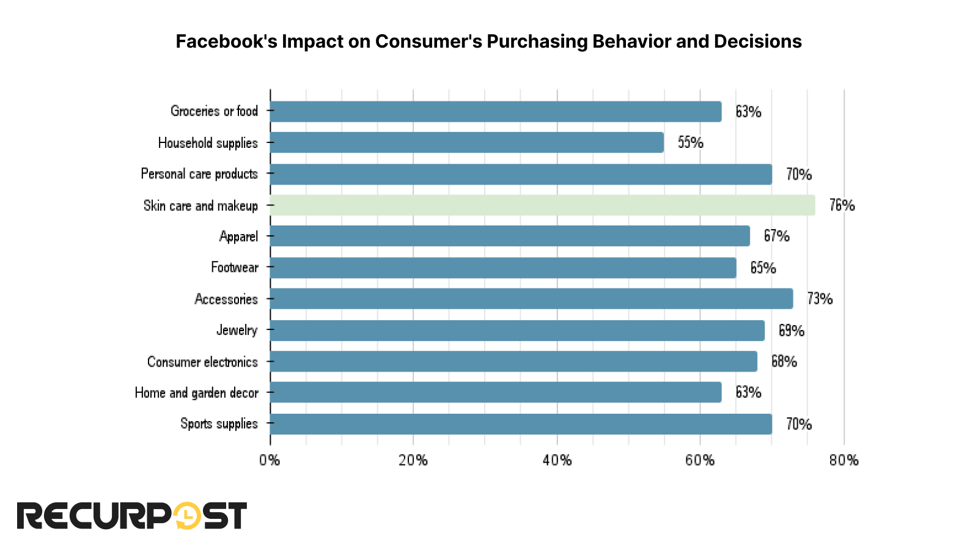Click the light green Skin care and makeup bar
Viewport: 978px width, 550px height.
[x=542, y=205]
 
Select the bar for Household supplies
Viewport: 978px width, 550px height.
[x=466, y=142]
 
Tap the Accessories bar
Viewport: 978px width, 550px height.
[x=531, y=299]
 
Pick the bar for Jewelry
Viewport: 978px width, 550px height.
[x=517, y=330]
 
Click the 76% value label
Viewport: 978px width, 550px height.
[x=842, y=205]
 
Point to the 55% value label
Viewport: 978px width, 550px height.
[x=690, y=142]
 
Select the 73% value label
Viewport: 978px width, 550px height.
[x=820, y=299]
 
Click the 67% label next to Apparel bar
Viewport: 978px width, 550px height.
[x=776, y=236]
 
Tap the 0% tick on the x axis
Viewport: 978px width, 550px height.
[x=270, y=460]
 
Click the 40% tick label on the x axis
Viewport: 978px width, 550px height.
[x=557, y=460]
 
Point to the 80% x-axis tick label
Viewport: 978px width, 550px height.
[x=844, y=460]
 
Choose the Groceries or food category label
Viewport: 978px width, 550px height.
[x=214, y=111]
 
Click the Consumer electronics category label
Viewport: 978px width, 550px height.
[x=202, y=362]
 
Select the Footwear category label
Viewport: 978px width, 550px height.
[x=234, y=268]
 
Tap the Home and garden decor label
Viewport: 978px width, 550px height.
[x=196, y=393]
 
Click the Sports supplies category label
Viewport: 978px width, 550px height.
[x=219, y=424]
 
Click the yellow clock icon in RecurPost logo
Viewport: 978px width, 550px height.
[x=187, y=516]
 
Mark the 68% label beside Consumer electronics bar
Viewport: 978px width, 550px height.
[x=784, y=361]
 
